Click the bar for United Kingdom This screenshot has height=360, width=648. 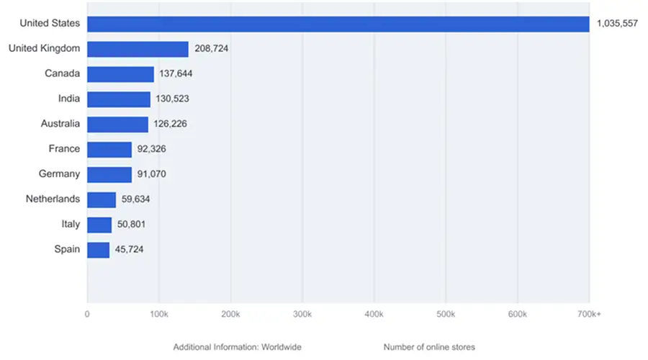tap(138, 49)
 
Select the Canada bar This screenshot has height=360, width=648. tap(120, 74)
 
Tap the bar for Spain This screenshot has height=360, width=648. tap(98, 250)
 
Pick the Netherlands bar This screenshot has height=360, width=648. tap(102, 199)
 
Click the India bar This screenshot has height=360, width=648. tap(119, 99)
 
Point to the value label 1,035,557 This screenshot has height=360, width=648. tap(617, 24)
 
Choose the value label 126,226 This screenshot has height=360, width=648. tap(171, 124)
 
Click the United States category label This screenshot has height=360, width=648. tap(50, 23)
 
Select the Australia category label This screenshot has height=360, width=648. tap(60, 123)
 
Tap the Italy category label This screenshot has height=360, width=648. tap(71, 224)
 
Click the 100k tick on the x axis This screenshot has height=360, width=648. tap(158, 315)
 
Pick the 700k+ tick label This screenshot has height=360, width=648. tap(589, 315)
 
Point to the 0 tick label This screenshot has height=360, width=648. tap(87, 315)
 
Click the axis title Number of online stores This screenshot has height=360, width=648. tap(429, 347)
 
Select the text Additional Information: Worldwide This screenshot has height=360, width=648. tap(237, 347)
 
